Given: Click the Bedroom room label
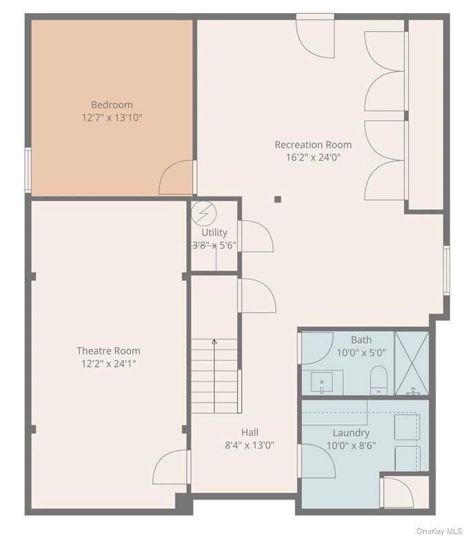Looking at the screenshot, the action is tap(112, 105).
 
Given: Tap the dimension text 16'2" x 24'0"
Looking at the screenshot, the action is tap(313, 157).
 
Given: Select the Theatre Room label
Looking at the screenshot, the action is tap(108, 350).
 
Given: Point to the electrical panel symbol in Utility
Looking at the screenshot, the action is tap(203, 214).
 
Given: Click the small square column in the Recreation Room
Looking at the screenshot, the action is tap(278, 199).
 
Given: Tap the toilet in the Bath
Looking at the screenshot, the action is tap(379, 380).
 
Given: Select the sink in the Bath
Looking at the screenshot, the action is tap(322, 383).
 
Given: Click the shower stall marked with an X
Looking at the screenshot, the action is tap(412, 363).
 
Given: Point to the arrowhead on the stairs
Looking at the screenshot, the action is tap(214, 341).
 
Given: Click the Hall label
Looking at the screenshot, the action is tap(250, 433).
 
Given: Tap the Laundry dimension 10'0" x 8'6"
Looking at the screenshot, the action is tap(351, 446).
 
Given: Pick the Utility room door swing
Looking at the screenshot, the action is tap(256, 236).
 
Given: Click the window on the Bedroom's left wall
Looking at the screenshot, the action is tap(28, 170).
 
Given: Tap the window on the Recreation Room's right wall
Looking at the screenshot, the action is tap(446, 270).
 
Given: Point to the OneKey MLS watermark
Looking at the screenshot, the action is tap(438, 531).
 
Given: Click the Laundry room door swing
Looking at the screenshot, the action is tap(316, 461).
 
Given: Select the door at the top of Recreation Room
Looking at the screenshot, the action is tap(315, 36).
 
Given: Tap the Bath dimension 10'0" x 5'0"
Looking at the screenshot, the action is tap(361, 353).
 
